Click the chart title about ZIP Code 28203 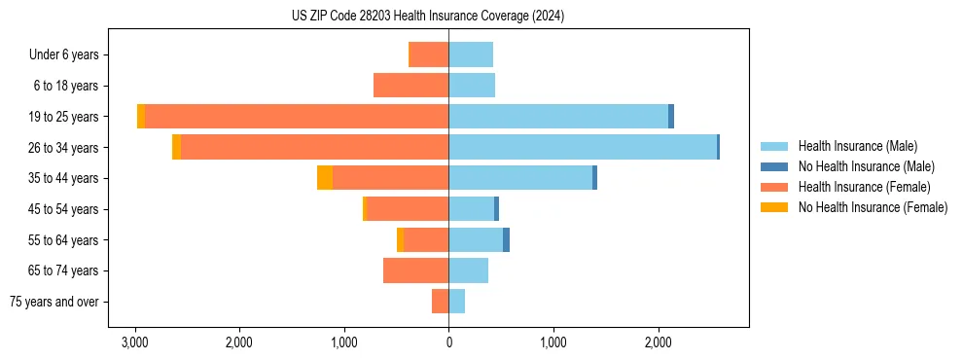(x=427, y=17)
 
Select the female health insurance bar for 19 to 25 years (x=297, y=117)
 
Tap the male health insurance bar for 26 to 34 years (x=582, y=147)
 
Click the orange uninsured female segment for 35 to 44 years (x=325, y=178)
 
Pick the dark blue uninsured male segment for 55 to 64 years (x=506, y=239)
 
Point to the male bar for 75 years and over (x=456, y=302)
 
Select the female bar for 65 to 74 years (x=415, y=270)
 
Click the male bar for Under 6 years (x=471, y=54)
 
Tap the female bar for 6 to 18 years (x=410, y=86)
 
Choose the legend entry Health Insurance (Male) (x=857, y=146)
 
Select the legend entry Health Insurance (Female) (x=864, y=187)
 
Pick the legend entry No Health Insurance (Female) (x=873, y=207)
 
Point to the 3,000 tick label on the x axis (x=134, y=343)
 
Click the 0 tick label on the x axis (x=448, y=343)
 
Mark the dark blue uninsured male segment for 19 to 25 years (x=671, y=117)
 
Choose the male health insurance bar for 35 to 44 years (x=520, y=178)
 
